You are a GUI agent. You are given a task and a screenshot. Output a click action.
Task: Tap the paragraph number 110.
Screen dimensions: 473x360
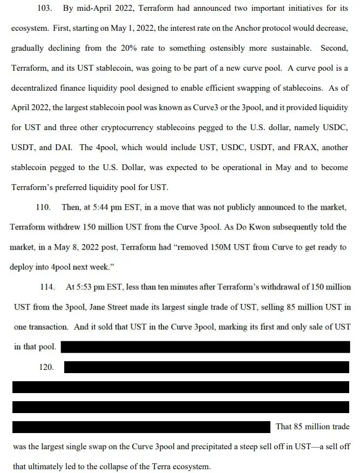coord(43,207)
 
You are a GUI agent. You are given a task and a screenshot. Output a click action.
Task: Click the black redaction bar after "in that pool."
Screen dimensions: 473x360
coord(205,347)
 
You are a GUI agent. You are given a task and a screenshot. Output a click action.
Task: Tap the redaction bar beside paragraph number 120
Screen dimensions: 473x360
coord(207,367)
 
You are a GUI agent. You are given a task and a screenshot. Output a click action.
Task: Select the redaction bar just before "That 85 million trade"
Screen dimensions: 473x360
coord(140,427)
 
